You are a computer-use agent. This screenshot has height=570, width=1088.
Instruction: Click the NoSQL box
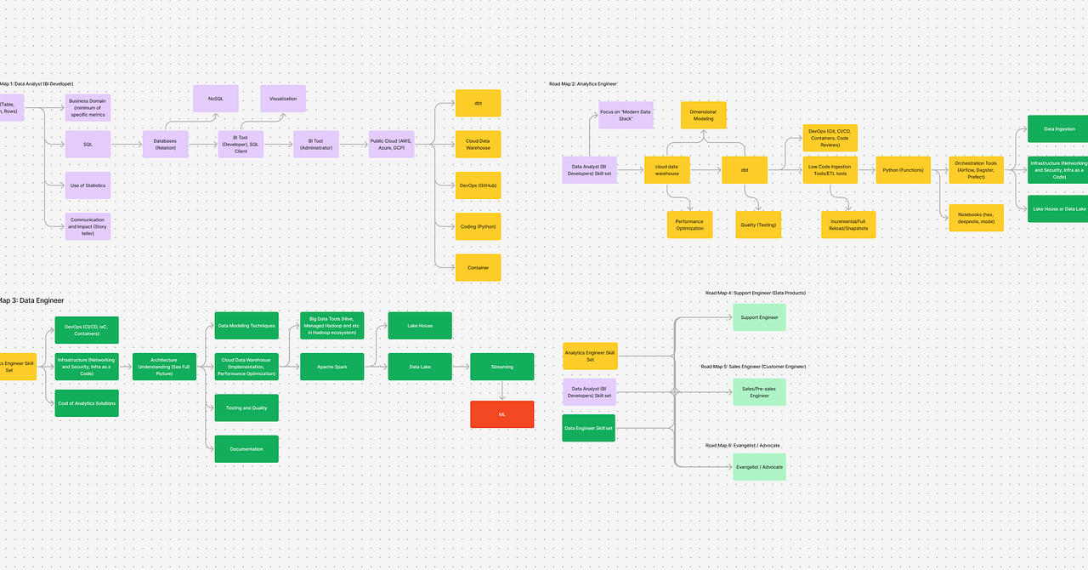coord(215,99)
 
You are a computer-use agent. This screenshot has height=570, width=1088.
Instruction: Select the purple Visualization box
coord(283,99)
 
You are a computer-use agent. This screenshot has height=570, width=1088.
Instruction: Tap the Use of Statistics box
coord(88,185)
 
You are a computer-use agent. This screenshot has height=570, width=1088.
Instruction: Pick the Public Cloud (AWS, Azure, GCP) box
coord(392,145)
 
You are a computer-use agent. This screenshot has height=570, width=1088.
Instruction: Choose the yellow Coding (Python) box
coord(478,226)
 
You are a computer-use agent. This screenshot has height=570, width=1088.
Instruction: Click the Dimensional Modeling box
coord(703,115)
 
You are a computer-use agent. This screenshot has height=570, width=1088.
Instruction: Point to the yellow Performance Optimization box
coord(689,225)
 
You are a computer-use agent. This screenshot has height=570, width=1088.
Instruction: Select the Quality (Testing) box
coord(758,225)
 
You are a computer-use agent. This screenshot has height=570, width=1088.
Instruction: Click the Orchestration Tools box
coord(976,170)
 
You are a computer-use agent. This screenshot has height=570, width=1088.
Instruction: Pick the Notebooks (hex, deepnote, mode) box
coord(976,218)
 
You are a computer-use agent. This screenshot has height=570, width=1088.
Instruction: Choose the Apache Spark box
coord(331,367)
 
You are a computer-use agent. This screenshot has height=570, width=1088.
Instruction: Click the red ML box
coord(502,414)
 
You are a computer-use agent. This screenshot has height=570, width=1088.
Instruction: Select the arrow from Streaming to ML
coord(502,390)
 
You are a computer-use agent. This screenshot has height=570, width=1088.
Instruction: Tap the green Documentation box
coord(246,449)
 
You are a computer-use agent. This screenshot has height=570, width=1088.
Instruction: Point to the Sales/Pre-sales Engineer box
coord(759,392)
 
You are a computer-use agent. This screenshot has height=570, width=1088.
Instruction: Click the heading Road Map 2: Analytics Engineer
coord(583,84)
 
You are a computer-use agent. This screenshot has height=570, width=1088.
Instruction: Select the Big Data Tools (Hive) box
coord(331,326)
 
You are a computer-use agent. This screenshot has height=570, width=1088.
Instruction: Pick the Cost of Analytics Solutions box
coord(87,403)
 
